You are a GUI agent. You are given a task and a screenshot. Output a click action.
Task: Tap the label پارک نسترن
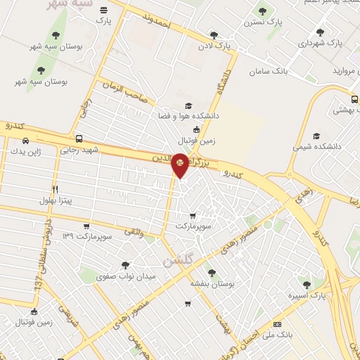point(264,22)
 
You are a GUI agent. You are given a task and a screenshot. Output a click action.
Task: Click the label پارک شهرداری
point(320,43)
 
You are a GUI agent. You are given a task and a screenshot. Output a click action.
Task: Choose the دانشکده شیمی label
point(316,148)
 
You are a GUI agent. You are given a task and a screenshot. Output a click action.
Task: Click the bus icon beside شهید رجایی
point(78,139)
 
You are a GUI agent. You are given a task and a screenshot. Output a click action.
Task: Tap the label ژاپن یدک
point(26,151)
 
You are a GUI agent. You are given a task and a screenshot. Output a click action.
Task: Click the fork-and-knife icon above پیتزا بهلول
point(55,189)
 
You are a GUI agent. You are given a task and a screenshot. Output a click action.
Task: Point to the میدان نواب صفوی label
point(126,276)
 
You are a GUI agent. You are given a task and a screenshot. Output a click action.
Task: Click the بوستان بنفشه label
point(211,283)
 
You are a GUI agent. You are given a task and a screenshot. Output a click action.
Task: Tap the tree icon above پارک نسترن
point(263,11)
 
